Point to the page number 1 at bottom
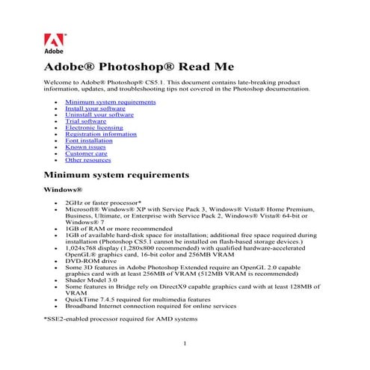pos(185,344)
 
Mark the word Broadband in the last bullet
pos(82,306)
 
